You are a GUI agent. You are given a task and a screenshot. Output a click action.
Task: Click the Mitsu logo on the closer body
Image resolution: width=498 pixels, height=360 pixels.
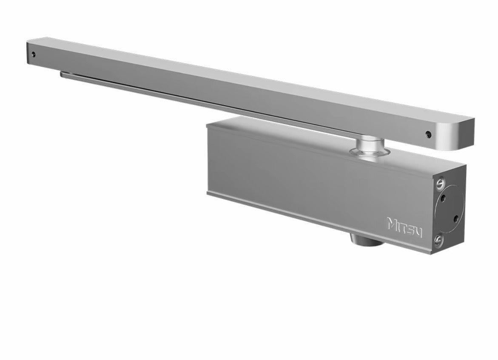pos(404,226)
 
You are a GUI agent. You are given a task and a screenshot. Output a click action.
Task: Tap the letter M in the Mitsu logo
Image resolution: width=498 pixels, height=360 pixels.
pos(392,223)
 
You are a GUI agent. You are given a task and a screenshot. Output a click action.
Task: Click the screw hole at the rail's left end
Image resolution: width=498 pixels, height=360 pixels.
pos(33,55)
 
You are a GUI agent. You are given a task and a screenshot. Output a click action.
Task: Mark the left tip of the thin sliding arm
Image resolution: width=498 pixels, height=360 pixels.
pos(62,74)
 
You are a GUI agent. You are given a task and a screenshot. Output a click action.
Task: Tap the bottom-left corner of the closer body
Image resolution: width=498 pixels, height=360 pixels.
pos(208,193)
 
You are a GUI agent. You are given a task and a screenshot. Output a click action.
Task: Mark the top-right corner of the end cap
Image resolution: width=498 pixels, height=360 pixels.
pos(465,169)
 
